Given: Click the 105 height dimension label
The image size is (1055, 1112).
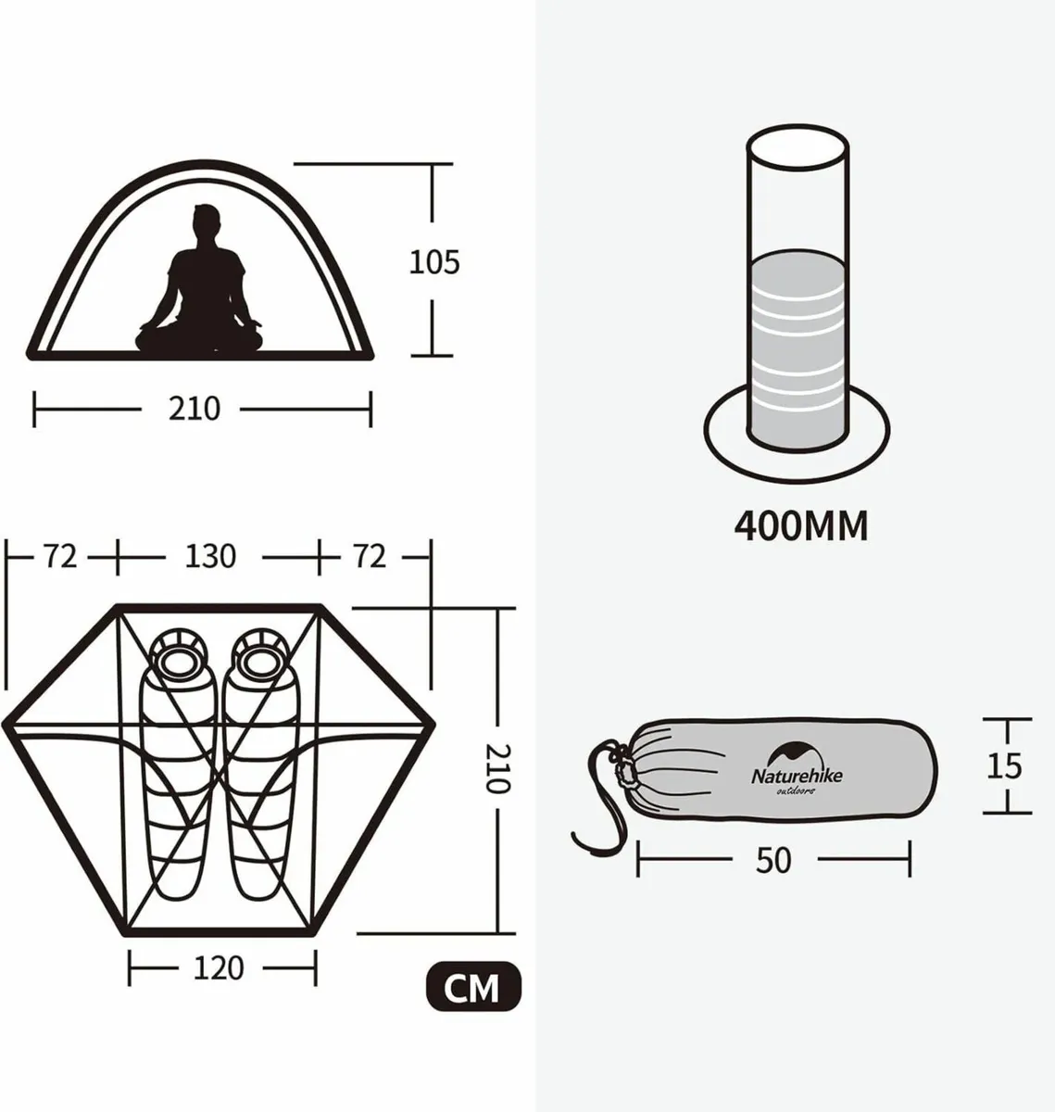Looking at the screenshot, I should [434, 262].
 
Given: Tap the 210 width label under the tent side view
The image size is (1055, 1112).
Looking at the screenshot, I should [195, 409].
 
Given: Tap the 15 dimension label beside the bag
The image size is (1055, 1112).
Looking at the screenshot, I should [1004, 766].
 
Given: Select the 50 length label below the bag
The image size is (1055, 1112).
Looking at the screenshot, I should [773, 861].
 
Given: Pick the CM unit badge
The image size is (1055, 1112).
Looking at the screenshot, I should [473, 989].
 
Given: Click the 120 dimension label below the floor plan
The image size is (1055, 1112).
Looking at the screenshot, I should [220, 969].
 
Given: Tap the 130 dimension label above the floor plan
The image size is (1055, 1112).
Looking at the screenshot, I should [211, 556].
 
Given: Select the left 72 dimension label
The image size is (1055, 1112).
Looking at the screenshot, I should [60, 556].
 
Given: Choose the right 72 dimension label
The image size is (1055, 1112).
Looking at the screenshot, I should [369, 556].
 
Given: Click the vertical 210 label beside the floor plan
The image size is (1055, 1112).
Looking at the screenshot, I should [497, 768].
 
